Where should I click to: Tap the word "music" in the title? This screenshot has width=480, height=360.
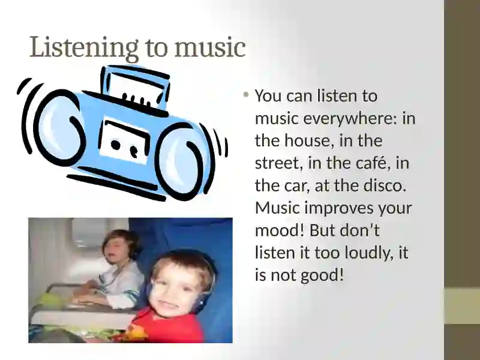[210, 47]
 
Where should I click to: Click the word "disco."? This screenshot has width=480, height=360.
[385, 185]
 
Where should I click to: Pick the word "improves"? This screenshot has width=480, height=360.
[339, 208]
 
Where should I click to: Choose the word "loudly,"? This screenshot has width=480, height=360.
[369, 253]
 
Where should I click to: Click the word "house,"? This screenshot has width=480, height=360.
[309, 141]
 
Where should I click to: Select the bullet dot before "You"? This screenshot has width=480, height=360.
[246, 95]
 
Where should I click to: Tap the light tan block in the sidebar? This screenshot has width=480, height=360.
[462, 305]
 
